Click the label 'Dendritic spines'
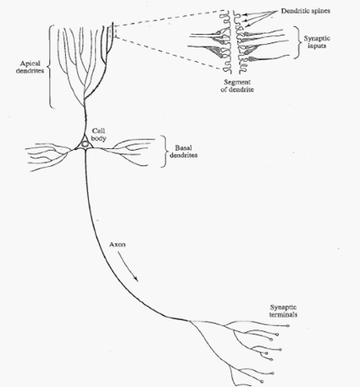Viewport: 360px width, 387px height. [x=306, y=11]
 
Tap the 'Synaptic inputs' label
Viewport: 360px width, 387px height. [x=317, y=42]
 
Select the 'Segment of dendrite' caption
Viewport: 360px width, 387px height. [x=237, y=86]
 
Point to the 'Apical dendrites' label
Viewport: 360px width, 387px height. [x=30, y=67]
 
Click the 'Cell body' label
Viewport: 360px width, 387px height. [x=98, y=135]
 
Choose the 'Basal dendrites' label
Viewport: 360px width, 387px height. [x=184, y=152]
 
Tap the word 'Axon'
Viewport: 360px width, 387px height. [x=117, y=245]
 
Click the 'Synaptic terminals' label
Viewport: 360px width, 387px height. [x=283, y=311]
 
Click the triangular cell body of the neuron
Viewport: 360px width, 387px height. [x=85, y=143]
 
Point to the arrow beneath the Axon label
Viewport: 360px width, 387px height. [x=127, y=266]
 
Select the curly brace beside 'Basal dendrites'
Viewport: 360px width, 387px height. [x=163, y=152]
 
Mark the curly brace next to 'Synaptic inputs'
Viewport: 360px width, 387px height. [x=297, y=42]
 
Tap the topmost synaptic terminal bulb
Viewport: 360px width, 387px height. [x=288, y=326]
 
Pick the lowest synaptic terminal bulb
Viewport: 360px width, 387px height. [x=263, y=382]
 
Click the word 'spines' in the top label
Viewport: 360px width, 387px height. [x=321, y=11]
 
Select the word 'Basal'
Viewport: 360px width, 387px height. [x=184, y=147]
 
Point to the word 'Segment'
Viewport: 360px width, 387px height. [x=237, y=82]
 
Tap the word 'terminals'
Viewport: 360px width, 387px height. [x=283, y=314]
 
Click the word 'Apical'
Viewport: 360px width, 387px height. [x=30, y=64]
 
